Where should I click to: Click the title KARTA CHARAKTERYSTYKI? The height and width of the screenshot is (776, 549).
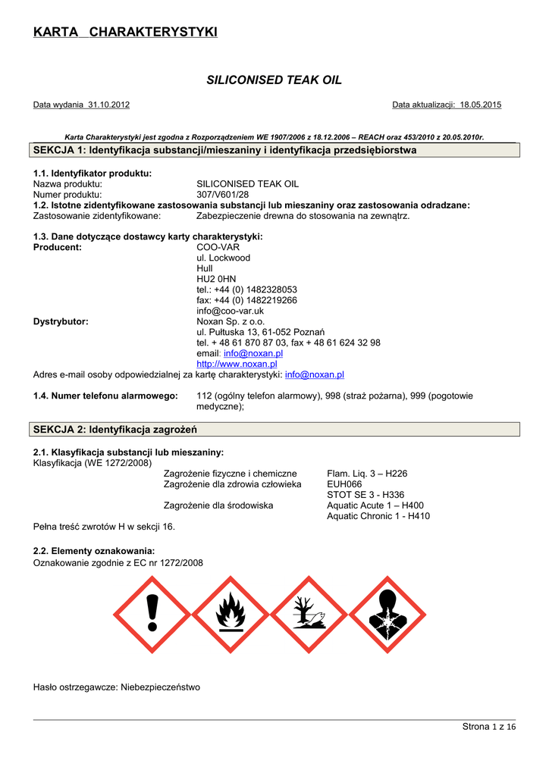click(x=125, y=32)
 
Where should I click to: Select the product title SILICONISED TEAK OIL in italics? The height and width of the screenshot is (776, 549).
click(x=274, y=80)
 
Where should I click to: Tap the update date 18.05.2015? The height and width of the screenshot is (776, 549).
click(x=481, y=105)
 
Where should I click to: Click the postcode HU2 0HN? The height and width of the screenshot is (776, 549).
click(x=216, y=279)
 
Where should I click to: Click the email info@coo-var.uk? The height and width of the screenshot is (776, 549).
click(x=230, y=311)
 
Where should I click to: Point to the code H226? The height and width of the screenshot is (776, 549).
click(x=396, y=474)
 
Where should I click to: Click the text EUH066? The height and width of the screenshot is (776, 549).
click(x=344, y=484)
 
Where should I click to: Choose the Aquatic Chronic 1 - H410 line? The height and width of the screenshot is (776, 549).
click(x=378, y=516)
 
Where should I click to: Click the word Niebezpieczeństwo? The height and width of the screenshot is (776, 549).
click(x=160, y=687)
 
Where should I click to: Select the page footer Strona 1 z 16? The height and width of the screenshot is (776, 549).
click(x=489, y=727)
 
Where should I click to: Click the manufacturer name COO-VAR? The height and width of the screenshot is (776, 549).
click(x=218, y=247)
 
